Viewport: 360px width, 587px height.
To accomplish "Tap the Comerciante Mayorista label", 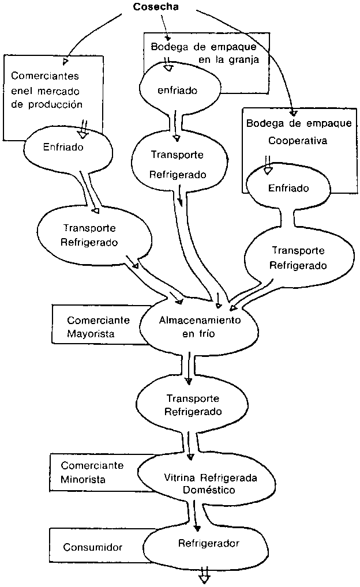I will pyautogui.click(x=98, y=326).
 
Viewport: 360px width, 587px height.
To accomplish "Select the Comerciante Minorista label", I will pyautogui.click(x=89, y=472).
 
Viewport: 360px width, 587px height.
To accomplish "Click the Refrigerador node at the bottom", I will pyautogui.click(x=208, y=543).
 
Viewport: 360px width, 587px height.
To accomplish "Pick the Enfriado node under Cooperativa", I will pyautogui.click(x=288, y=188).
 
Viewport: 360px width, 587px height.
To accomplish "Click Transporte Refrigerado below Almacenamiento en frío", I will pyautogui.click(x=193, y=405).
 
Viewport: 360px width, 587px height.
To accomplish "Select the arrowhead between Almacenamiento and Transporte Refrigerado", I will pyautogui.click(x=188, y=381).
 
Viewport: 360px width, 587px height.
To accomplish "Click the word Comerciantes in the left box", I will pyautogui.click(x=45, y=76).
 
